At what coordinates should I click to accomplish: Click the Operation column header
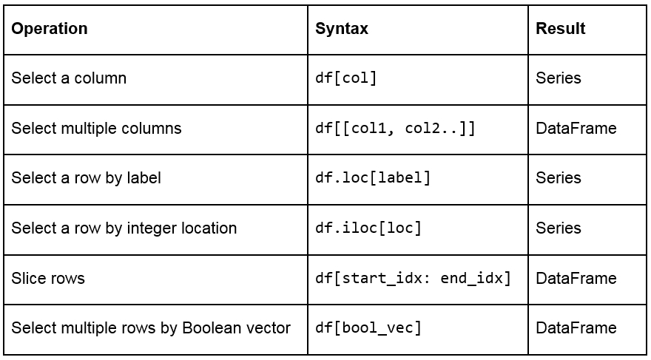coord(50,29)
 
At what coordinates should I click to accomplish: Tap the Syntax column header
coord(342,29)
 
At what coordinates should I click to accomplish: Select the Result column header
coord(561,29)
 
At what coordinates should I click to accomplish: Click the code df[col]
coord(346,78)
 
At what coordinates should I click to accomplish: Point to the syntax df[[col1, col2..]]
coord(395,128)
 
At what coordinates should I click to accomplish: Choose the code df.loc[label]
coord(373,178)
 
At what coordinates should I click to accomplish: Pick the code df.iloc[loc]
coord(368,228)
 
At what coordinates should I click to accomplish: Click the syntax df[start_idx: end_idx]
coord(413,278)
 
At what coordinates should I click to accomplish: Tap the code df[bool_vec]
coord(368,327)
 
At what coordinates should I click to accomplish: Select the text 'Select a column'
coord(69,78)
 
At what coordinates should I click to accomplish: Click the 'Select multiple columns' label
coord(96,128)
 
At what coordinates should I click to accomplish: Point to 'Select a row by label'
coord(86,178)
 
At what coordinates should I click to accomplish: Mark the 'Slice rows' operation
coord(48,278)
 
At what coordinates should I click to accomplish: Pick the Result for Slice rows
coord(576,278)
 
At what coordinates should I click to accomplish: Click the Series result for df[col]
coord(558,78)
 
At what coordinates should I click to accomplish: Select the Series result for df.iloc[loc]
coord(558,228)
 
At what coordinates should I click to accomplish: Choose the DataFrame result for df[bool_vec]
coord(576,327)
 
